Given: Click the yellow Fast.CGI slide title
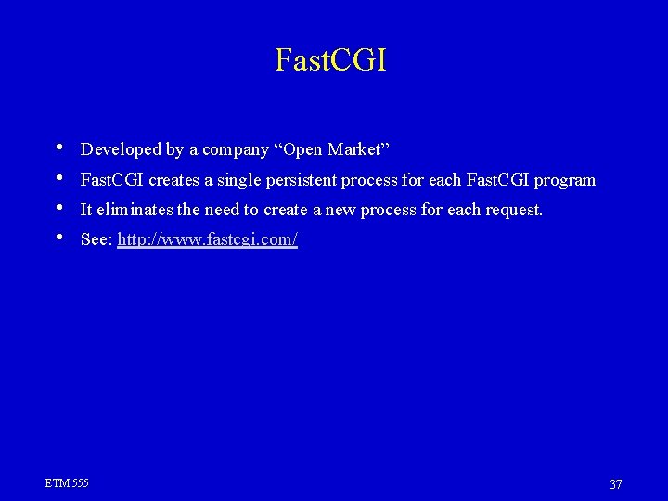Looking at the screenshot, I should [x=331, y=59].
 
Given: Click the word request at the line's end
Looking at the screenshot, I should [x=511, y=211].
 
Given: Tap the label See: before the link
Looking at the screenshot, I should [x=96, y=240].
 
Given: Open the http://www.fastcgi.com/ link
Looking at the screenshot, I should [x=208, y=240].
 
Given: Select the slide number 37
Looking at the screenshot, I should [x=615, y=483].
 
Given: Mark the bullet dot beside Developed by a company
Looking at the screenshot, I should [x=59, y=147].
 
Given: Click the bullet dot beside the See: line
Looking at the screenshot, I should [x=59, y=238].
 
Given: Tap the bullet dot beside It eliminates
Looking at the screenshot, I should [x=59, y=207].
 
